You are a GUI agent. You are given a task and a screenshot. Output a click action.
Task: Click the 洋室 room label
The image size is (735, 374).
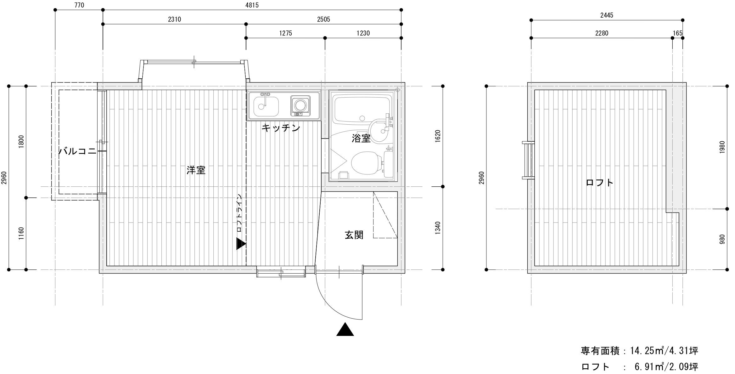pyautogui.click(x=196, y=170)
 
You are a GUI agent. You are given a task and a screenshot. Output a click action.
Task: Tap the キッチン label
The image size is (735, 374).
pyautogui.click(x=281, y=128)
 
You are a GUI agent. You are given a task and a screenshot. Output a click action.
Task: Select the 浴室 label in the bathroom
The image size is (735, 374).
pyautogui.click(x=361, y=138)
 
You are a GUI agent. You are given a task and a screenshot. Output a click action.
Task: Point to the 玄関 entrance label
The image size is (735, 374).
pyautogui.click(x=354, y=235)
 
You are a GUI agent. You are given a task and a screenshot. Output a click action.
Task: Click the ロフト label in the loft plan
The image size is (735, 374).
pyautogui.click(x=599, y=183)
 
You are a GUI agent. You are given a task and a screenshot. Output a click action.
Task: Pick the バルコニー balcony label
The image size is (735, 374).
pyautogui.click(x=82, y=151)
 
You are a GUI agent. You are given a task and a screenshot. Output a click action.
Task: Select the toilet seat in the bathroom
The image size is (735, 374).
pyautogui.click(x=365, y=163)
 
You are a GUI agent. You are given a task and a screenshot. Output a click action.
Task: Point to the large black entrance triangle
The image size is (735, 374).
pyautogui.click(x=345, y=329)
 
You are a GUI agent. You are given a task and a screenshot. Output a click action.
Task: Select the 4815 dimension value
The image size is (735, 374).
pyautogui.click(x=252, y=5)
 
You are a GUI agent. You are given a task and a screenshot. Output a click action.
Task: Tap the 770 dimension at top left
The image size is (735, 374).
pyautogui.click(x=79, y=5)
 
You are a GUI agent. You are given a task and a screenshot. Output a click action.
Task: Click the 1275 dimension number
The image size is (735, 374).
pyautogui.click(x=285, y=33)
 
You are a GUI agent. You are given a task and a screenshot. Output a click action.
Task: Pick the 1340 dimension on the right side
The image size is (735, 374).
pyautogui.click(x=438, y=228)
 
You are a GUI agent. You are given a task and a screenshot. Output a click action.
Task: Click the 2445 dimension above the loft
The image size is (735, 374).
pyautogui.click(x=607, y=15)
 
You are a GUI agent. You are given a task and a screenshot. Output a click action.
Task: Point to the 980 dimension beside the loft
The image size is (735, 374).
pyautogui.click(x=722, y=239)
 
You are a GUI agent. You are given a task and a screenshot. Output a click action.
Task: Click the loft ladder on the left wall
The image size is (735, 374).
pyautogui.click(x=528, y=160)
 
